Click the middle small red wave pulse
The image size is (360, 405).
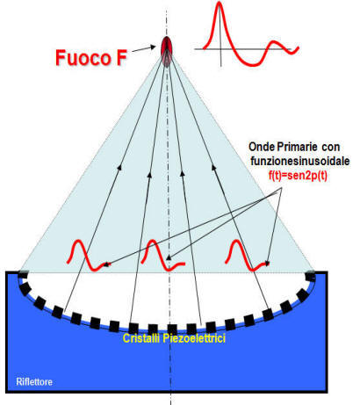pyautogui.click(x=155, y=255)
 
